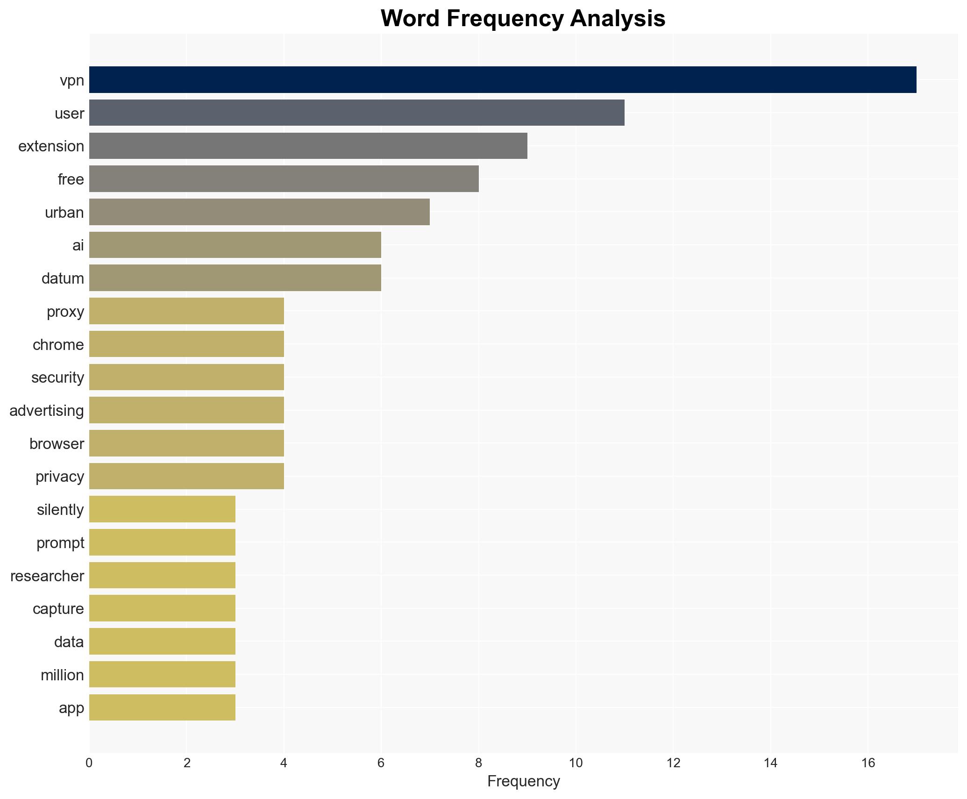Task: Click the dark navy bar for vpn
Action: pos(502,80)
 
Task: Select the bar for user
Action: pos(356,113)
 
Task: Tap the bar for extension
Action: pos(308,146)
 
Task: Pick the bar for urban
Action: pos(259,212)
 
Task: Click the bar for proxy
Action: pos(186,311)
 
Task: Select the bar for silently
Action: pos(162,509)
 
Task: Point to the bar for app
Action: pos(162,707)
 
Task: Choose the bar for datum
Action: pos(235,278)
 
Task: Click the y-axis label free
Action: pos(71,179)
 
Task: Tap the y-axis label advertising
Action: pos(47,411)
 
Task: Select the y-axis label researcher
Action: pos(47,576)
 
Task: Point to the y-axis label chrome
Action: pos(58,345)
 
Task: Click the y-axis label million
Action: pos(62,675)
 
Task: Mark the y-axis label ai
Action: pos(78,245)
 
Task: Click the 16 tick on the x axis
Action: pos(868,763)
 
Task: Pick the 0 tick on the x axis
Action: pos(89,763)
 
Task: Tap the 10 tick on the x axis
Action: pos(576,763)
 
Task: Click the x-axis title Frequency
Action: pos(523,781)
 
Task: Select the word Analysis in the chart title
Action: pos(617,19)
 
